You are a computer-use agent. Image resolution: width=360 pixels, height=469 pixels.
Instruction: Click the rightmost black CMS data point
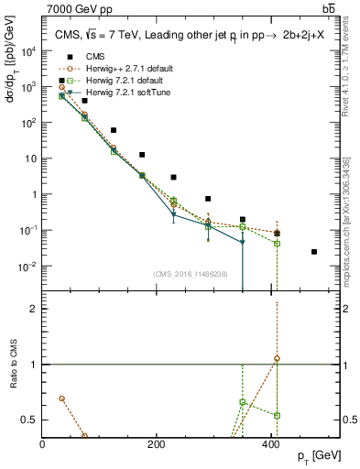pyautogui.click(x=314, y=252)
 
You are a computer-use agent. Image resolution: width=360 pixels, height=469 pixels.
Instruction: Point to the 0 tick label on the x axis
pyautogui.click(x=43, y=443)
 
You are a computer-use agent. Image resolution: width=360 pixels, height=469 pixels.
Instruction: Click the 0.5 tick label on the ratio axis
pyautogui.click(x=30, y=420)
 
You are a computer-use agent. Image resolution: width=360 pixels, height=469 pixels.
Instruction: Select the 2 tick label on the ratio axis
pyautogui.click(x=34, y=309)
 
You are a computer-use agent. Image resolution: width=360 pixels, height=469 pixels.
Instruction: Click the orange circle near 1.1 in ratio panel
pyautogui.click(x=277, y=358)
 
